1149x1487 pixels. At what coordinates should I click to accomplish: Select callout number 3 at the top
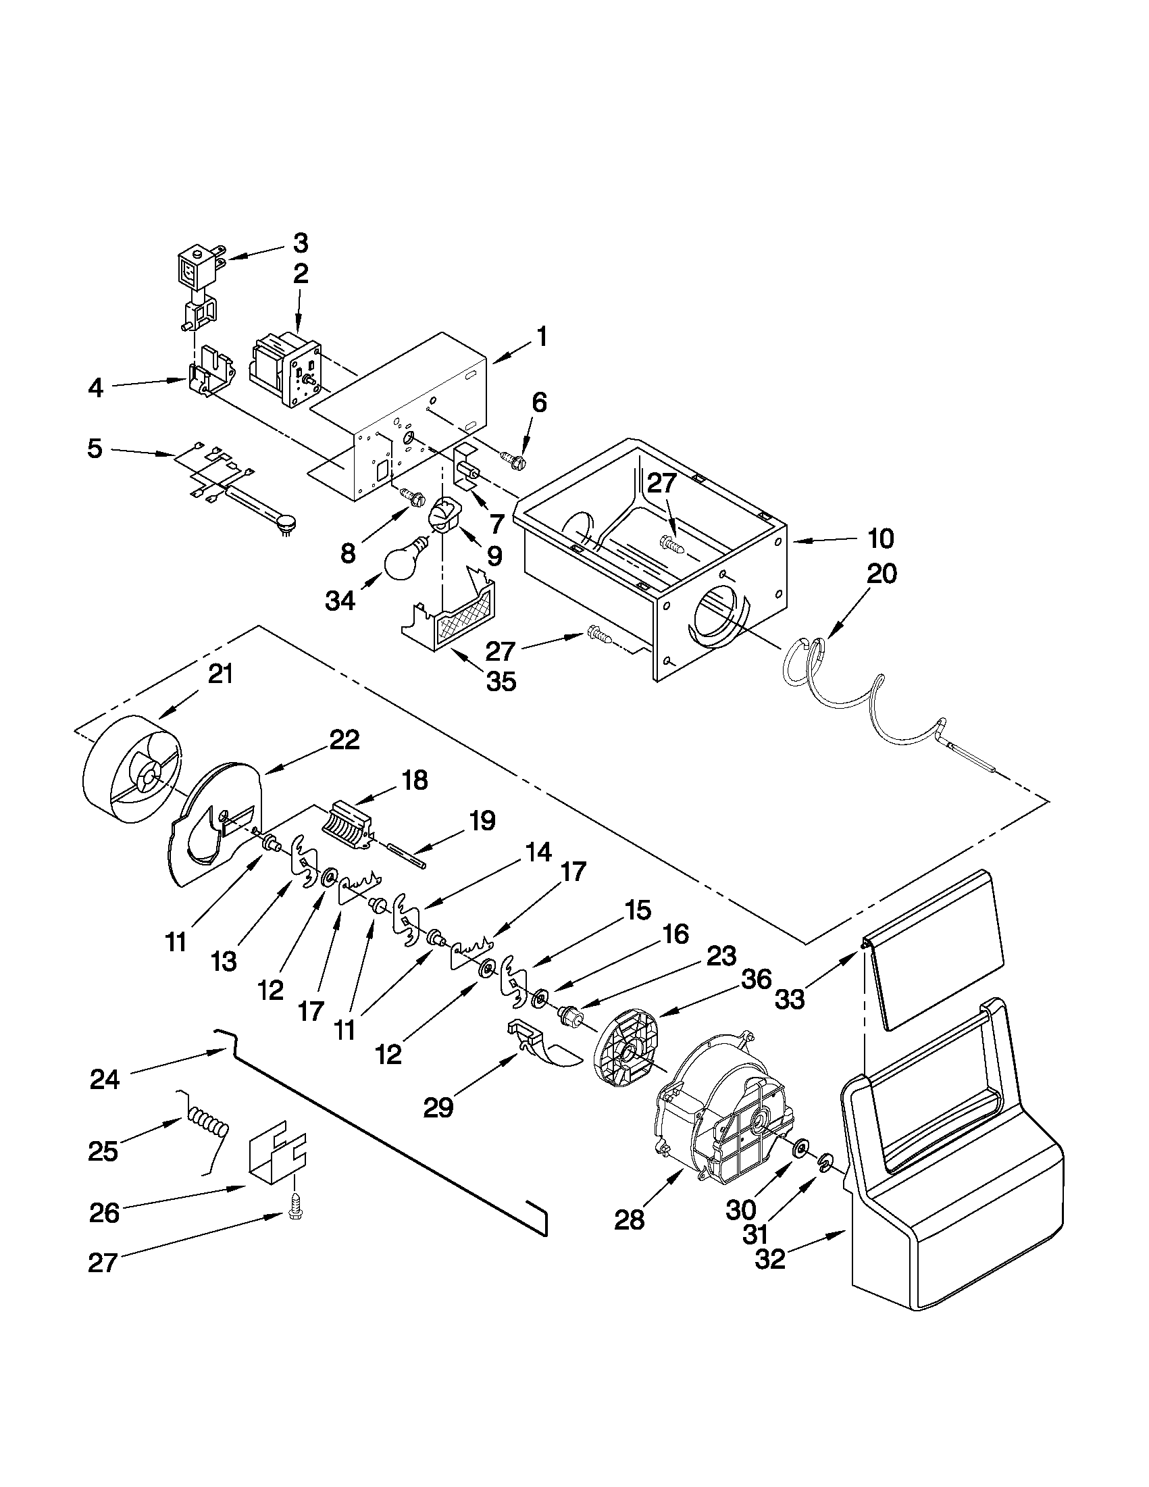pos(300,243)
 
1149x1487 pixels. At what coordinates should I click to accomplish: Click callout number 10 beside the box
pos(881,538)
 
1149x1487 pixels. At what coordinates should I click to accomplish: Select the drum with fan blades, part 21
pos(130,778)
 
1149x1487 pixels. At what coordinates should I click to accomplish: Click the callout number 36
pos(757,980)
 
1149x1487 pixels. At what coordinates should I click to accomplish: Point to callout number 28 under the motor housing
pos(629,1220)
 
